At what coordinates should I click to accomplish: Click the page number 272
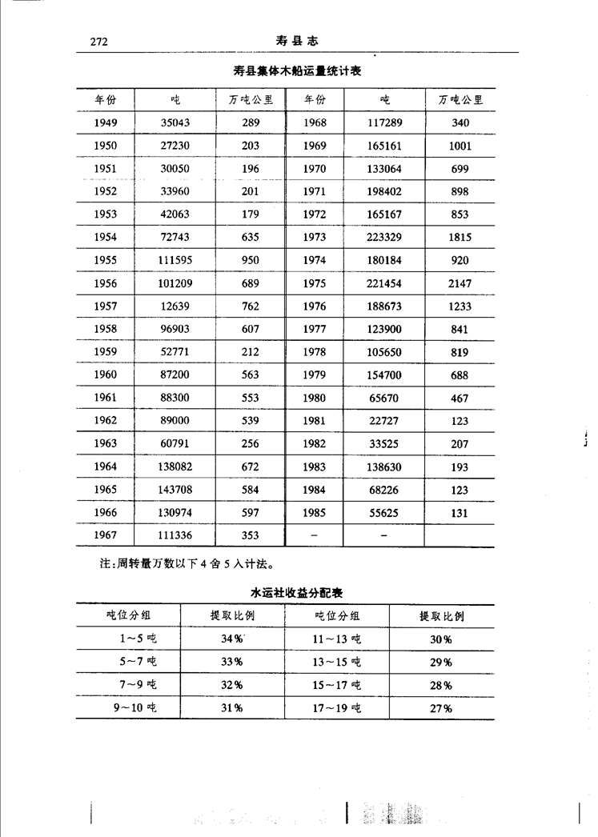coord(98,42)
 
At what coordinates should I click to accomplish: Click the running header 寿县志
coord(297,41)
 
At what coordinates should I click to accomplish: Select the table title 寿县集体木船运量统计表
coord(297,72)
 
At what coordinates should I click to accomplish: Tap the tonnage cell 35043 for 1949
coord(176,122)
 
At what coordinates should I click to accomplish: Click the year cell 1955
coord(105,260)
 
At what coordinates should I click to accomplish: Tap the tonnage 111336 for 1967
coord(176,536)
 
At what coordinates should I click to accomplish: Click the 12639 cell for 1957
coord(176,306)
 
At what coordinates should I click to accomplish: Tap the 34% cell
coord(232,639)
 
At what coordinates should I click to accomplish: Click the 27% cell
coord(440,709)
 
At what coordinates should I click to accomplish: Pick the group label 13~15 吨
coord(337,662)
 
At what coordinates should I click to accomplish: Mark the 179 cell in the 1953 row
coord(251,214)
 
